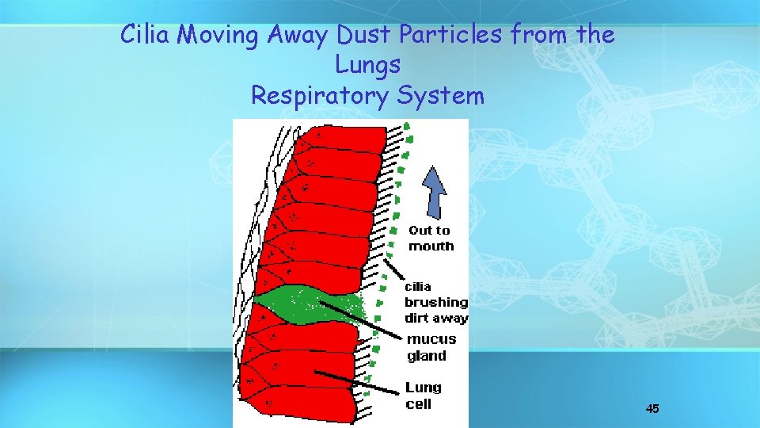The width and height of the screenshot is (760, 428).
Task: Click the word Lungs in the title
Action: pyautogui.click(x=367, y=65)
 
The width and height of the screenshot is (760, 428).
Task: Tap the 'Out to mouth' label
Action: pyautogui.click(x=431, y=239)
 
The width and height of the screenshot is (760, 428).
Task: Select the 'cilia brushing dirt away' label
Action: pyautogui.click(x=435, y=302)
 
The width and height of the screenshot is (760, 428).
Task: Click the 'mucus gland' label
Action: pyautogui.click(x=431, y=348)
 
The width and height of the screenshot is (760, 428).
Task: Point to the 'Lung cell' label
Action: pyautogui.click(x=424, y=396)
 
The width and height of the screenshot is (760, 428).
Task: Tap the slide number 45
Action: pyautogui.click(x=652, y=409)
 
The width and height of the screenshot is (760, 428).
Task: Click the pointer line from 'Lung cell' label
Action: pyautogui.click(x=356, y=381)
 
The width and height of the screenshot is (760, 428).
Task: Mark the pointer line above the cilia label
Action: pyautogui.click(x=393, y=268)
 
